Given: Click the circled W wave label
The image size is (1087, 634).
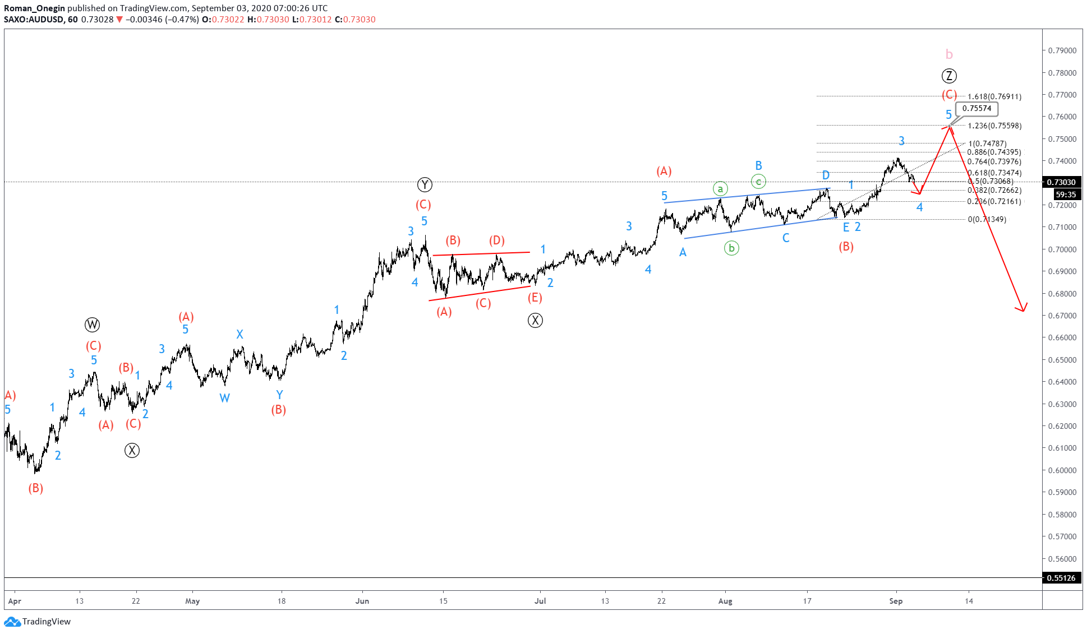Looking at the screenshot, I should [x=92, y=325].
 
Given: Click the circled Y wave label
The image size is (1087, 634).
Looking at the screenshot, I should [x=425, y=184].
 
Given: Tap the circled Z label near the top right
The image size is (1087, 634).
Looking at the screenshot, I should [x=948, y=76].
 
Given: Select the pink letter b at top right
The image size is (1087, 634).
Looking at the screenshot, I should [x=949, y=54].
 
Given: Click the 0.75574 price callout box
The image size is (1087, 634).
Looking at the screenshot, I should [x=977, y=109].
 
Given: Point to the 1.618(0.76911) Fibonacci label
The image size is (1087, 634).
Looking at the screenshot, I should [x=994, y=97].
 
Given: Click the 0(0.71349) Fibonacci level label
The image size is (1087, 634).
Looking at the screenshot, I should [x=987, y=219].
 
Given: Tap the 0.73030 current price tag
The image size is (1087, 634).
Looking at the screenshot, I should [x=1061, y=182].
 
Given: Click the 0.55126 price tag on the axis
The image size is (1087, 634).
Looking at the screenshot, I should [x=1061, y=578].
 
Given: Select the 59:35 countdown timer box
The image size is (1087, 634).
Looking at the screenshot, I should [x=1066, y=195].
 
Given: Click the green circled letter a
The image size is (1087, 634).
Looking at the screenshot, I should [x=720, y=189].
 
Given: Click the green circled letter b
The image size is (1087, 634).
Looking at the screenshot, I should [x=731, y=248].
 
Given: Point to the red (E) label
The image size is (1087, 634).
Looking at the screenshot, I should [x=535, y=298].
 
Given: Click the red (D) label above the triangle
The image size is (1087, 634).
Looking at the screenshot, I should [x=496, y=240].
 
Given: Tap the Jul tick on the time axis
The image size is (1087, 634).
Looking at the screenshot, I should [x=540, y=601].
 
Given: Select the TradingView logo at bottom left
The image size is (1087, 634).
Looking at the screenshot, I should [x=38, y=621].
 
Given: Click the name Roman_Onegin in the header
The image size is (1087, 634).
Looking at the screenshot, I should [x=34, y=8].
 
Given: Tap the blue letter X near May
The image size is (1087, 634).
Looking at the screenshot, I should [x=239, y=334].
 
